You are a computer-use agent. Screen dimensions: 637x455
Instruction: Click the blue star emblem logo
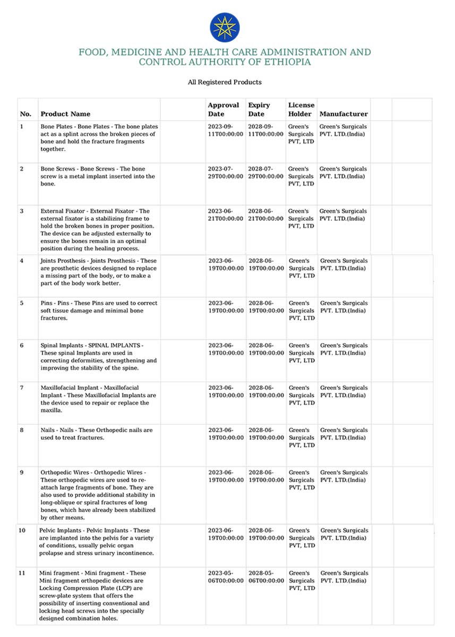pyautogui.click(x=225, y=28)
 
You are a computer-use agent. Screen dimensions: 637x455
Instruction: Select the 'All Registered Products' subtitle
pyautogui.click(x=225, y=82)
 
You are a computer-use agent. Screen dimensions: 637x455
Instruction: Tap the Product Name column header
pyautogui.click(x=65, y=114)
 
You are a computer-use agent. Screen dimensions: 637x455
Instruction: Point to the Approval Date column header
pyautogui.click(x=223, y=109)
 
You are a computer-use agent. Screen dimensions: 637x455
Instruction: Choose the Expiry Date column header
pyautogui.click(x=259, y=109)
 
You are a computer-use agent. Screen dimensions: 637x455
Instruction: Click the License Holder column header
pyautogui.click(x=301, y=109)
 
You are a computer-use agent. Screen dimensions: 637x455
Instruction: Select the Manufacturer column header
pyautogui.click(x=344, y=114)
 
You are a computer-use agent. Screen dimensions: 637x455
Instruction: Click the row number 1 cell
pyautogui.click(x=22, y=127)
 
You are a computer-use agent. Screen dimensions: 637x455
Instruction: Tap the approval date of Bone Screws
pyautogui.click(x=226, y=173)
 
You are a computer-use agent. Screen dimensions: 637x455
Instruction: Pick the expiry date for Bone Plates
pyautogui.click(x=265, y=131)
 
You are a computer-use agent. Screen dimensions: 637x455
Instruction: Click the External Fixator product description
pyautogui.click(x=98, y=230)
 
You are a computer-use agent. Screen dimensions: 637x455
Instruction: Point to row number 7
pyautogui.click(x=22, y=388)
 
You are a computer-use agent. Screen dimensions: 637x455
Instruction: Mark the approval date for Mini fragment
pyautogui.click(x=226, y=577)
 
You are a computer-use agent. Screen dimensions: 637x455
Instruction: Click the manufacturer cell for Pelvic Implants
pyautogui.click(x=344, y=534)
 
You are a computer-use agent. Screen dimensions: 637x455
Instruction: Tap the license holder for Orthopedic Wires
pyautogui.click(x=302, y=480)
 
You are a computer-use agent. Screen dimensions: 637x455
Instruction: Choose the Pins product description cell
pyautogui.click(x=99, y=311)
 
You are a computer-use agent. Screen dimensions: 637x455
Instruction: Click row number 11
pyautogui.click(x=22, y=573)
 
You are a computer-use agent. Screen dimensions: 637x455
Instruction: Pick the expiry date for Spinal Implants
pyautogui.click(x=265, y=349)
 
